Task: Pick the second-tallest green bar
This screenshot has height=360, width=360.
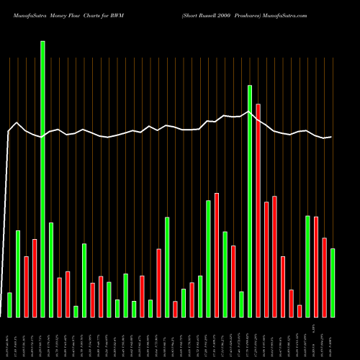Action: click(250, 201)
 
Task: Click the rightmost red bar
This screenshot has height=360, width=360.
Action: click(324, 277)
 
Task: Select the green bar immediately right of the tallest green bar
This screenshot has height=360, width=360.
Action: click(51, 269)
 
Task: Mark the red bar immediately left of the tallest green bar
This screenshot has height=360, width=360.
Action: click(35, 278)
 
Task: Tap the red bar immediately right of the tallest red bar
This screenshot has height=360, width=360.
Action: click(266, 259)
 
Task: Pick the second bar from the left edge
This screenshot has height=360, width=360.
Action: click(18, 274)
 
